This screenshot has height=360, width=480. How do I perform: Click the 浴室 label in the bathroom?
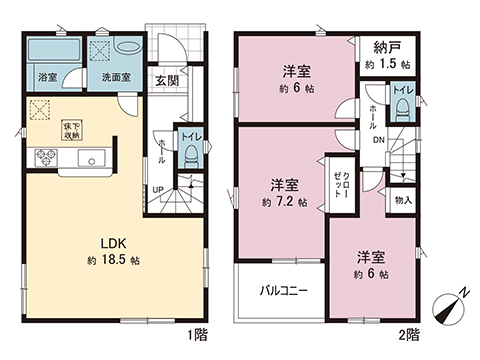[48, 76]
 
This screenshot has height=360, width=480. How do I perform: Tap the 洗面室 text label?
[112, 76]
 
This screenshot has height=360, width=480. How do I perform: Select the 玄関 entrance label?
[166, 81]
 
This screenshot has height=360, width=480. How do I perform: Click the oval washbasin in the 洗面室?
[129, 48]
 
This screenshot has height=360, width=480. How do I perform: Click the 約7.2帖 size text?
[285, 201]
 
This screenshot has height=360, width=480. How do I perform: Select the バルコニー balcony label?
[284, 292]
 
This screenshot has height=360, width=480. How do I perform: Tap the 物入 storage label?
[402, 201]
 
